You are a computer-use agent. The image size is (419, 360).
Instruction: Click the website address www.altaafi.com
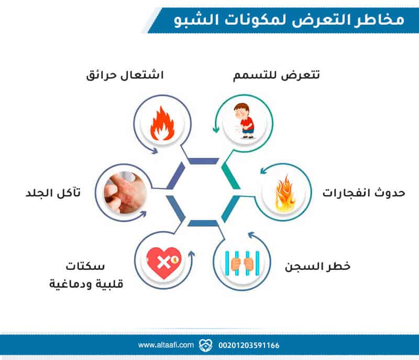click(166, 345)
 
